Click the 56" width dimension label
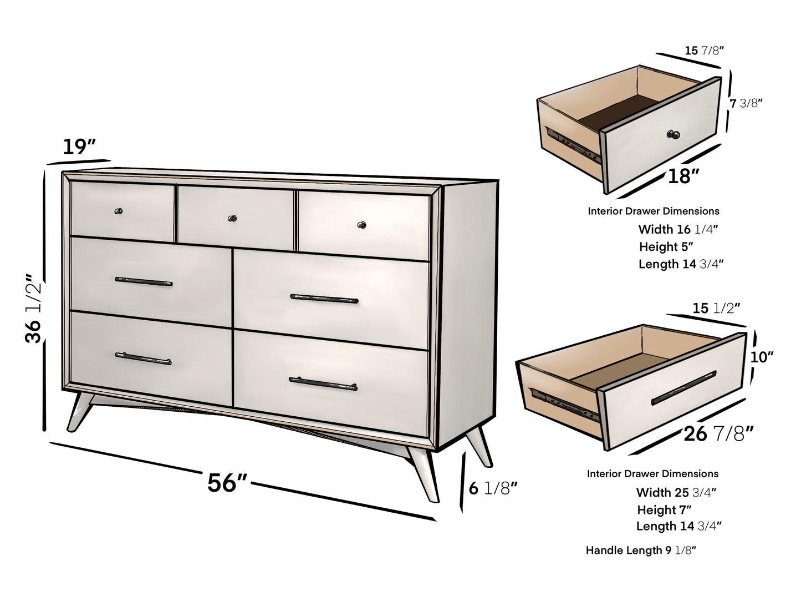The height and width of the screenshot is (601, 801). point(227,482)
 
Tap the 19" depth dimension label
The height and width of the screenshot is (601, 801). point(79,147)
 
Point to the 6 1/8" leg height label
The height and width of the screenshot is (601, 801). point(493,488)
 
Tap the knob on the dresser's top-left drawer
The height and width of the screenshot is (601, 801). point(118,211)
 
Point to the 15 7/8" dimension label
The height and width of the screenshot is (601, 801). point(704,50)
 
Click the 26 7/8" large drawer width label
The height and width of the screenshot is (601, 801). point(718,433)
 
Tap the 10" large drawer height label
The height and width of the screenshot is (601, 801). point(762,357)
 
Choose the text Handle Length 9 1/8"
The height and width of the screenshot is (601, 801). point(641,551)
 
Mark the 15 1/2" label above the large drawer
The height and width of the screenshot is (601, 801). point(716,307)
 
